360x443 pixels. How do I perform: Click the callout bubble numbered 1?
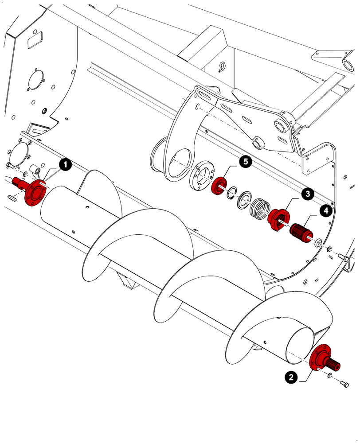[65, 165]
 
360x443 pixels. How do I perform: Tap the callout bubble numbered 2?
[290, 377]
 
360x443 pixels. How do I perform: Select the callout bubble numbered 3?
[306, 194]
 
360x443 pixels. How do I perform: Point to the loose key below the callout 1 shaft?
[12, 197]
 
